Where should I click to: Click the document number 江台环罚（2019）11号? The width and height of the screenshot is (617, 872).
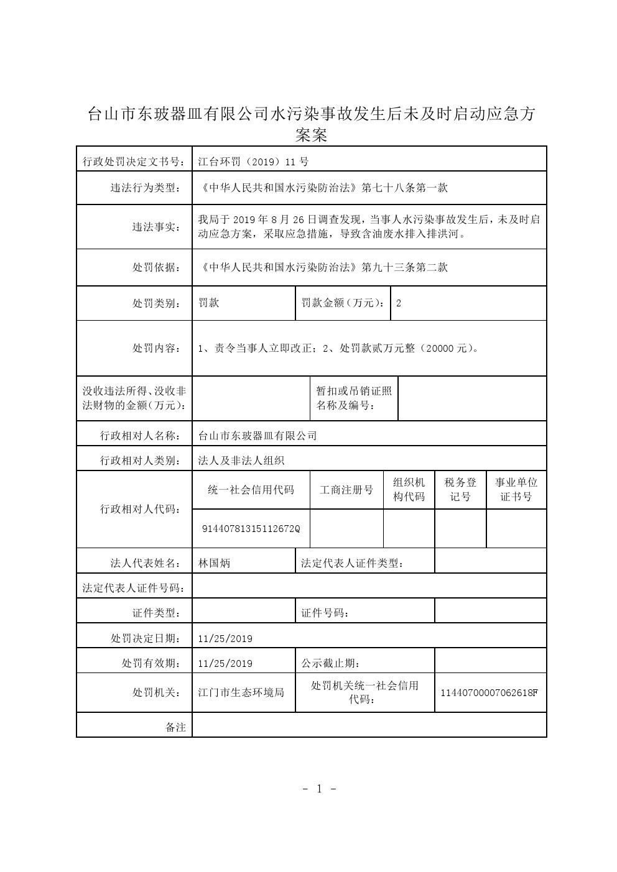[x=253, y=162]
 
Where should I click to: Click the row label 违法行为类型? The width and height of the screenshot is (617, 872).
[x=142, y=188]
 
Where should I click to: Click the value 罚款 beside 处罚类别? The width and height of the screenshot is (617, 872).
[x=208, y=303]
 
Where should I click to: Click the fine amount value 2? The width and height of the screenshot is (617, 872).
[x=399, y=303]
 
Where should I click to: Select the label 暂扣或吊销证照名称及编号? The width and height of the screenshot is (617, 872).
[x=354, y=398]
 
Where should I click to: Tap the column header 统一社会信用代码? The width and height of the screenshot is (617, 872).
[x=251, y=490]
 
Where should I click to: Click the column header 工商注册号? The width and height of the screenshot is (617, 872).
[x=346, y=490]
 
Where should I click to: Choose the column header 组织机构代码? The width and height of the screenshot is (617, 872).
[x=409, y=490]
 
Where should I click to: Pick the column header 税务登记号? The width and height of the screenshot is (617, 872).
[x=460, y=490]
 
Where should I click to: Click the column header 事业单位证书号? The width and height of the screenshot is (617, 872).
[x=516, y=490]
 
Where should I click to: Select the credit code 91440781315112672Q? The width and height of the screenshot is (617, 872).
[x=251, y=529]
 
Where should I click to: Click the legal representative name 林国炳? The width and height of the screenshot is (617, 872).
[x=214, y=563]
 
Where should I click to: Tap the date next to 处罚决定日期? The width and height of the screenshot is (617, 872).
[x=225, y=638]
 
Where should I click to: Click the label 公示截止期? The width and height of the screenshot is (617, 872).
[x=330, y=663]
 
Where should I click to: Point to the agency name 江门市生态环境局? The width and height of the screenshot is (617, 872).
[x=241, y=692]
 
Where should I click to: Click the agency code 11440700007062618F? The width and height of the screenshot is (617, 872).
[x=489, y=692]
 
